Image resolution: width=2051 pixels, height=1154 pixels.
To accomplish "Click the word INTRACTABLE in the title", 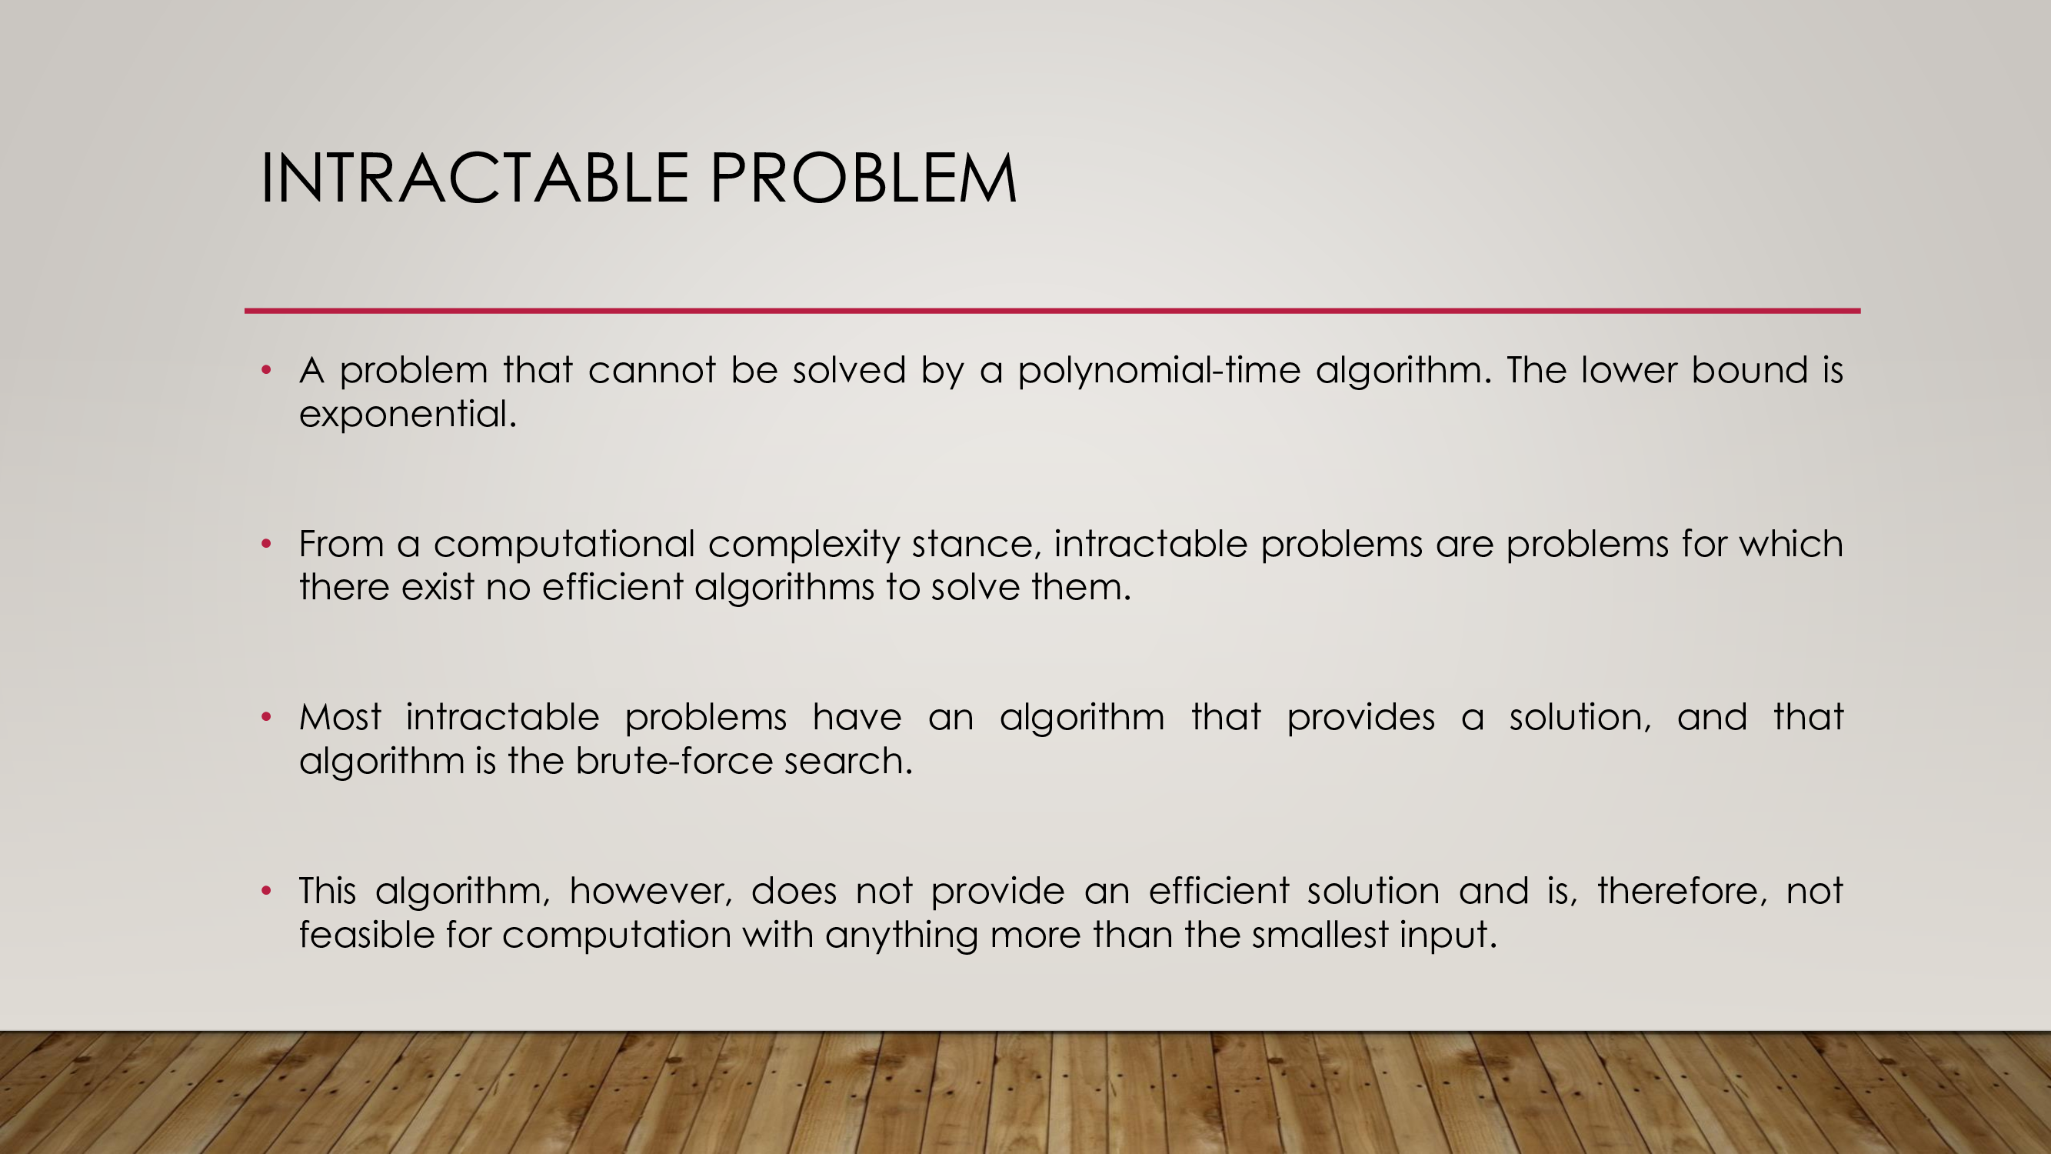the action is pyautogui.click(x=474, y=178).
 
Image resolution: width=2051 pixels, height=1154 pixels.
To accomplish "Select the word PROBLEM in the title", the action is pyautogui.click(x=863, y=178).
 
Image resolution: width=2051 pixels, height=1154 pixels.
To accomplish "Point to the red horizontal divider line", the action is pyautogui.click(x=1052, y=311).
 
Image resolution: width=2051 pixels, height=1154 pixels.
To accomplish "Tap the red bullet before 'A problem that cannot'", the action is pyautogui.click(x=267, y=369).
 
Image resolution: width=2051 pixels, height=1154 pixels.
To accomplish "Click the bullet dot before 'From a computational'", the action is pyautogui.click(x=267, y=544).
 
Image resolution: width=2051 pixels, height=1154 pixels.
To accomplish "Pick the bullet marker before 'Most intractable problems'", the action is pyautogui.click(x=267, y=718).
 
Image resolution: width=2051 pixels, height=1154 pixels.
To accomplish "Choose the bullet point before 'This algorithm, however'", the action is pyautogui.click(x=267, y=890).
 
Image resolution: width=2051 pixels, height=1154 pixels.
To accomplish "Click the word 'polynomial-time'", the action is pyautogui.click(x=1158, y=371).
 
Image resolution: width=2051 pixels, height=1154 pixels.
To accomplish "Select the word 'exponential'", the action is pyautogui.click(x=404, y=415).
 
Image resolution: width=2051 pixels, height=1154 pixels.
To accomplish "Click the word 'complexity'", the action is pyautogui.click(x=804, y=545).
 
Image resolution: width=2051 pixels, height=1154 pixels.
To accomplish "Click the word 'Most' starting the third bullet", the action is pyautogui.click(x=340, y=718).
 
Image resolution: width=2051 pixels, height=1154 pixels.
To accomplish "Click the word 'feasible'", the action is pyautogui.click(x=366, y=934).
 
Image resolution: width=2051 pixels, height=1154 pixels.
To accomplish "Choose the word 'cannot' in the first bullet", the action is pyautogui.click(x=652, y=370).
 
